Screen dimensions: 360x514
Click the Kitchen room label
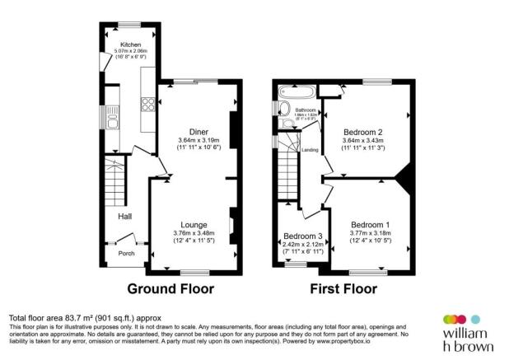coord(130,44)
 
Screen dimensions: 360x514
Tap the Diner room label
coord(198,132)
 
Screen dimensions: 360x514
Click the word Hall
coord(125,217)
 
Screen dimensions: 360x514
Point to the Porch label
coord(126,253)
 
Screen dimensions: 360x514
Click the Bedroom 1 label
coord(370,225)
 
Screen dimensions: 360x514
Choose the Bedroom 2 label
coord(363,132)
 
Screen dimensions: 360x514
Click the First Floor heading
coord(343,289)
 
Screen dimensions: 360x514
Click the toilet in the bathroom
coord(286,124)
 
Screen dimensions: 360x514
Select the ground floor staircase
coord(114,182)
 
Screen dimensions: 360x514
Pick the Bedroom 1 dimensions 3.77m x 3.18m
coord(370,233)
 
